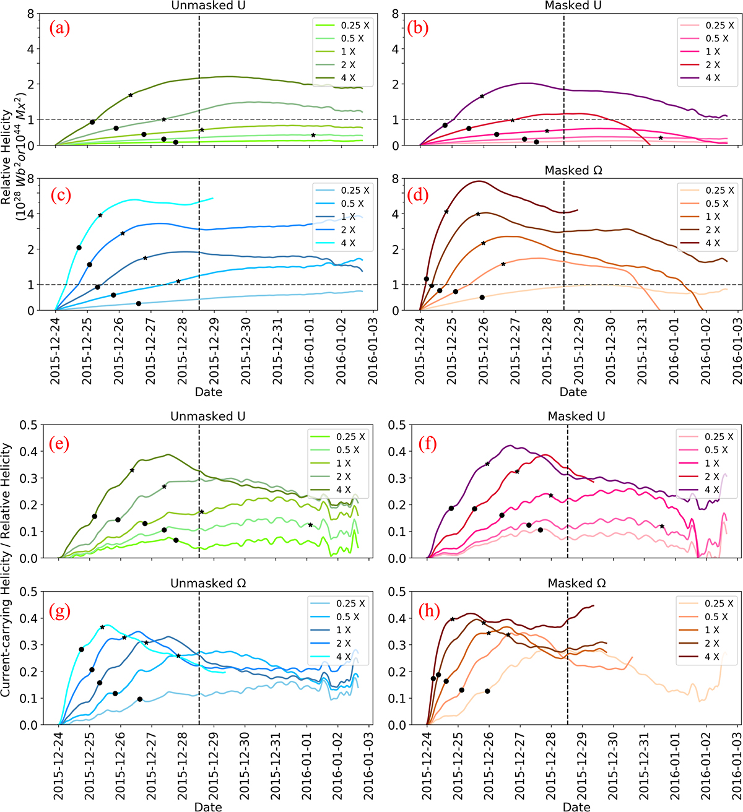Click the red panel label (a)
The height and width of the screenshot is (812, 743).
(x=59, y=28)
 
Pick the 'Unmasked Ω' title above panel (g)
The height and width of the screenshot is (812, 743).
(x=207, y=583)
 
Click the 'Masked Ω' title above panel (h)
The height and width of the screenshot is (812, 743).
(x=576, y=583)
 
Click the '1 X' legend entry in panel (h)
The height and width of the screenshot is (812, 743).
(x=712, y=630)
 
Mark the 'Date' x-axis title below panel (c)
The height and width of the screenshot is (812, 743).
(x=207, y=392)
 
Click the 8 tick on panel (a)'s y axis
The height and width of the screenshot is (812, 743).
(x=30, y=14)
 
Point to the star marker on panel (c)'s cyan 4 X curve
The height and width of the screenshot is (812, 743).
(x=100, y=215)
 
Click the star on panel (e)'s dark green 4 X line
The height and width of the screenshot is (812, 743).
(x=132, y=470)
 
